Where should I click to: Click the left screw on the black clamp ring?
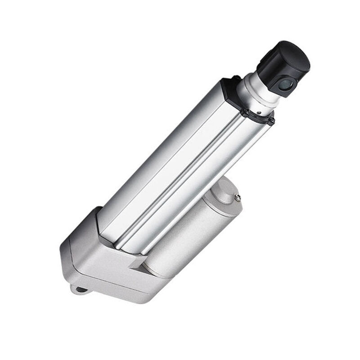click(x=247, y=110)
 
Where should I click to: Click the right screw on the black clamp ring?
click(x=271, y=120)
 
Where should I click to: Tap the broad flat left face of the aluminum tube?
click(x=157, y=157)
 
